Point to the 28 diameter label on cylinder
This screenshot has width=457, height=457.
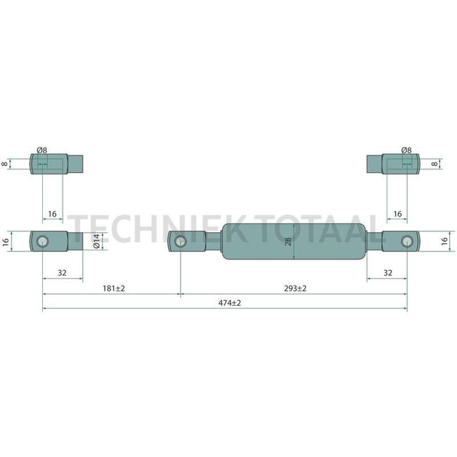point(288,243)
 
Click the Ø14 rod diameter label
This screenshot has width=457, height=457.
point(96,242)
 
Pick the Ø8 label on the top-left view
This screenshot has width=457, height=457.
point(41,150)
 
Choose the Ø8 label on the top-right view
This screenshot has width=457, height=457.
point(406,150)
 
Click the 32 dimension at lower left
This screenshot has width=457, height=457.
point(62,273)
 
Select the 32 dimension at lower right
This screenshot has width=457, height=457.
point(387,273)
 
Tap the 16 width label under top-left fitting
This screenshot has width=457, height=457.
point(52,213)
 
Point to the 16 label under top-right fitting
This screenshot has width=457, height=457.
point(397,213)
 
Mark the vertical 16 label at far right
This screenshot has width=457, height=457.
point(444,241)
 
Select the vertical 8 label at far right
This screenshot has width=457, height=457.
point(435,164)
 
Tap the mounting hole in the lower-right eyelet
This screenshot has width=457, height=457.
point(406,242)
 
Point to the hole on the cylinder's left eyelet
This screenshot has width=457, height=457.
point(181,242)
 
